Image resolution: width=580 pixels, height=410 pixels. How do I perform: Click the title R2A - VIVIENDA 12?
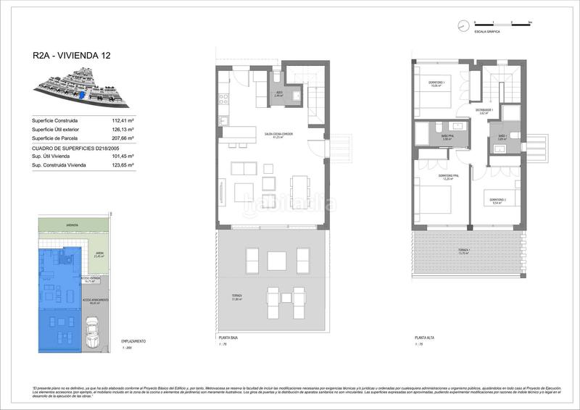click(71, 54)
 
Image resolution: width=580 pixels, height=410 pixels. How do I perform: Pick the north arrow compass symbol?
click(461, 26)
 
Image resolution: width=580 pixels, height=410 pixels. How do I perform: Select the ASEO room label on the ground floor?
click(278, 93)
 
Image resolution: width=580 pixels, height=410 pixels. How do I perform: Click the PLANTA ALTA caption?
click(425, 338)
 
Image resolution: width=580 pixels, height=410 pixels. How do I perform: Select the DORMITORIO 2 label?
click(496, 200)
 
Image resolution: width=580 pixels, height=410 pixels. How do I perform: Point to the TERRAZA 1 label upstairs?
click(465, 251)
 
